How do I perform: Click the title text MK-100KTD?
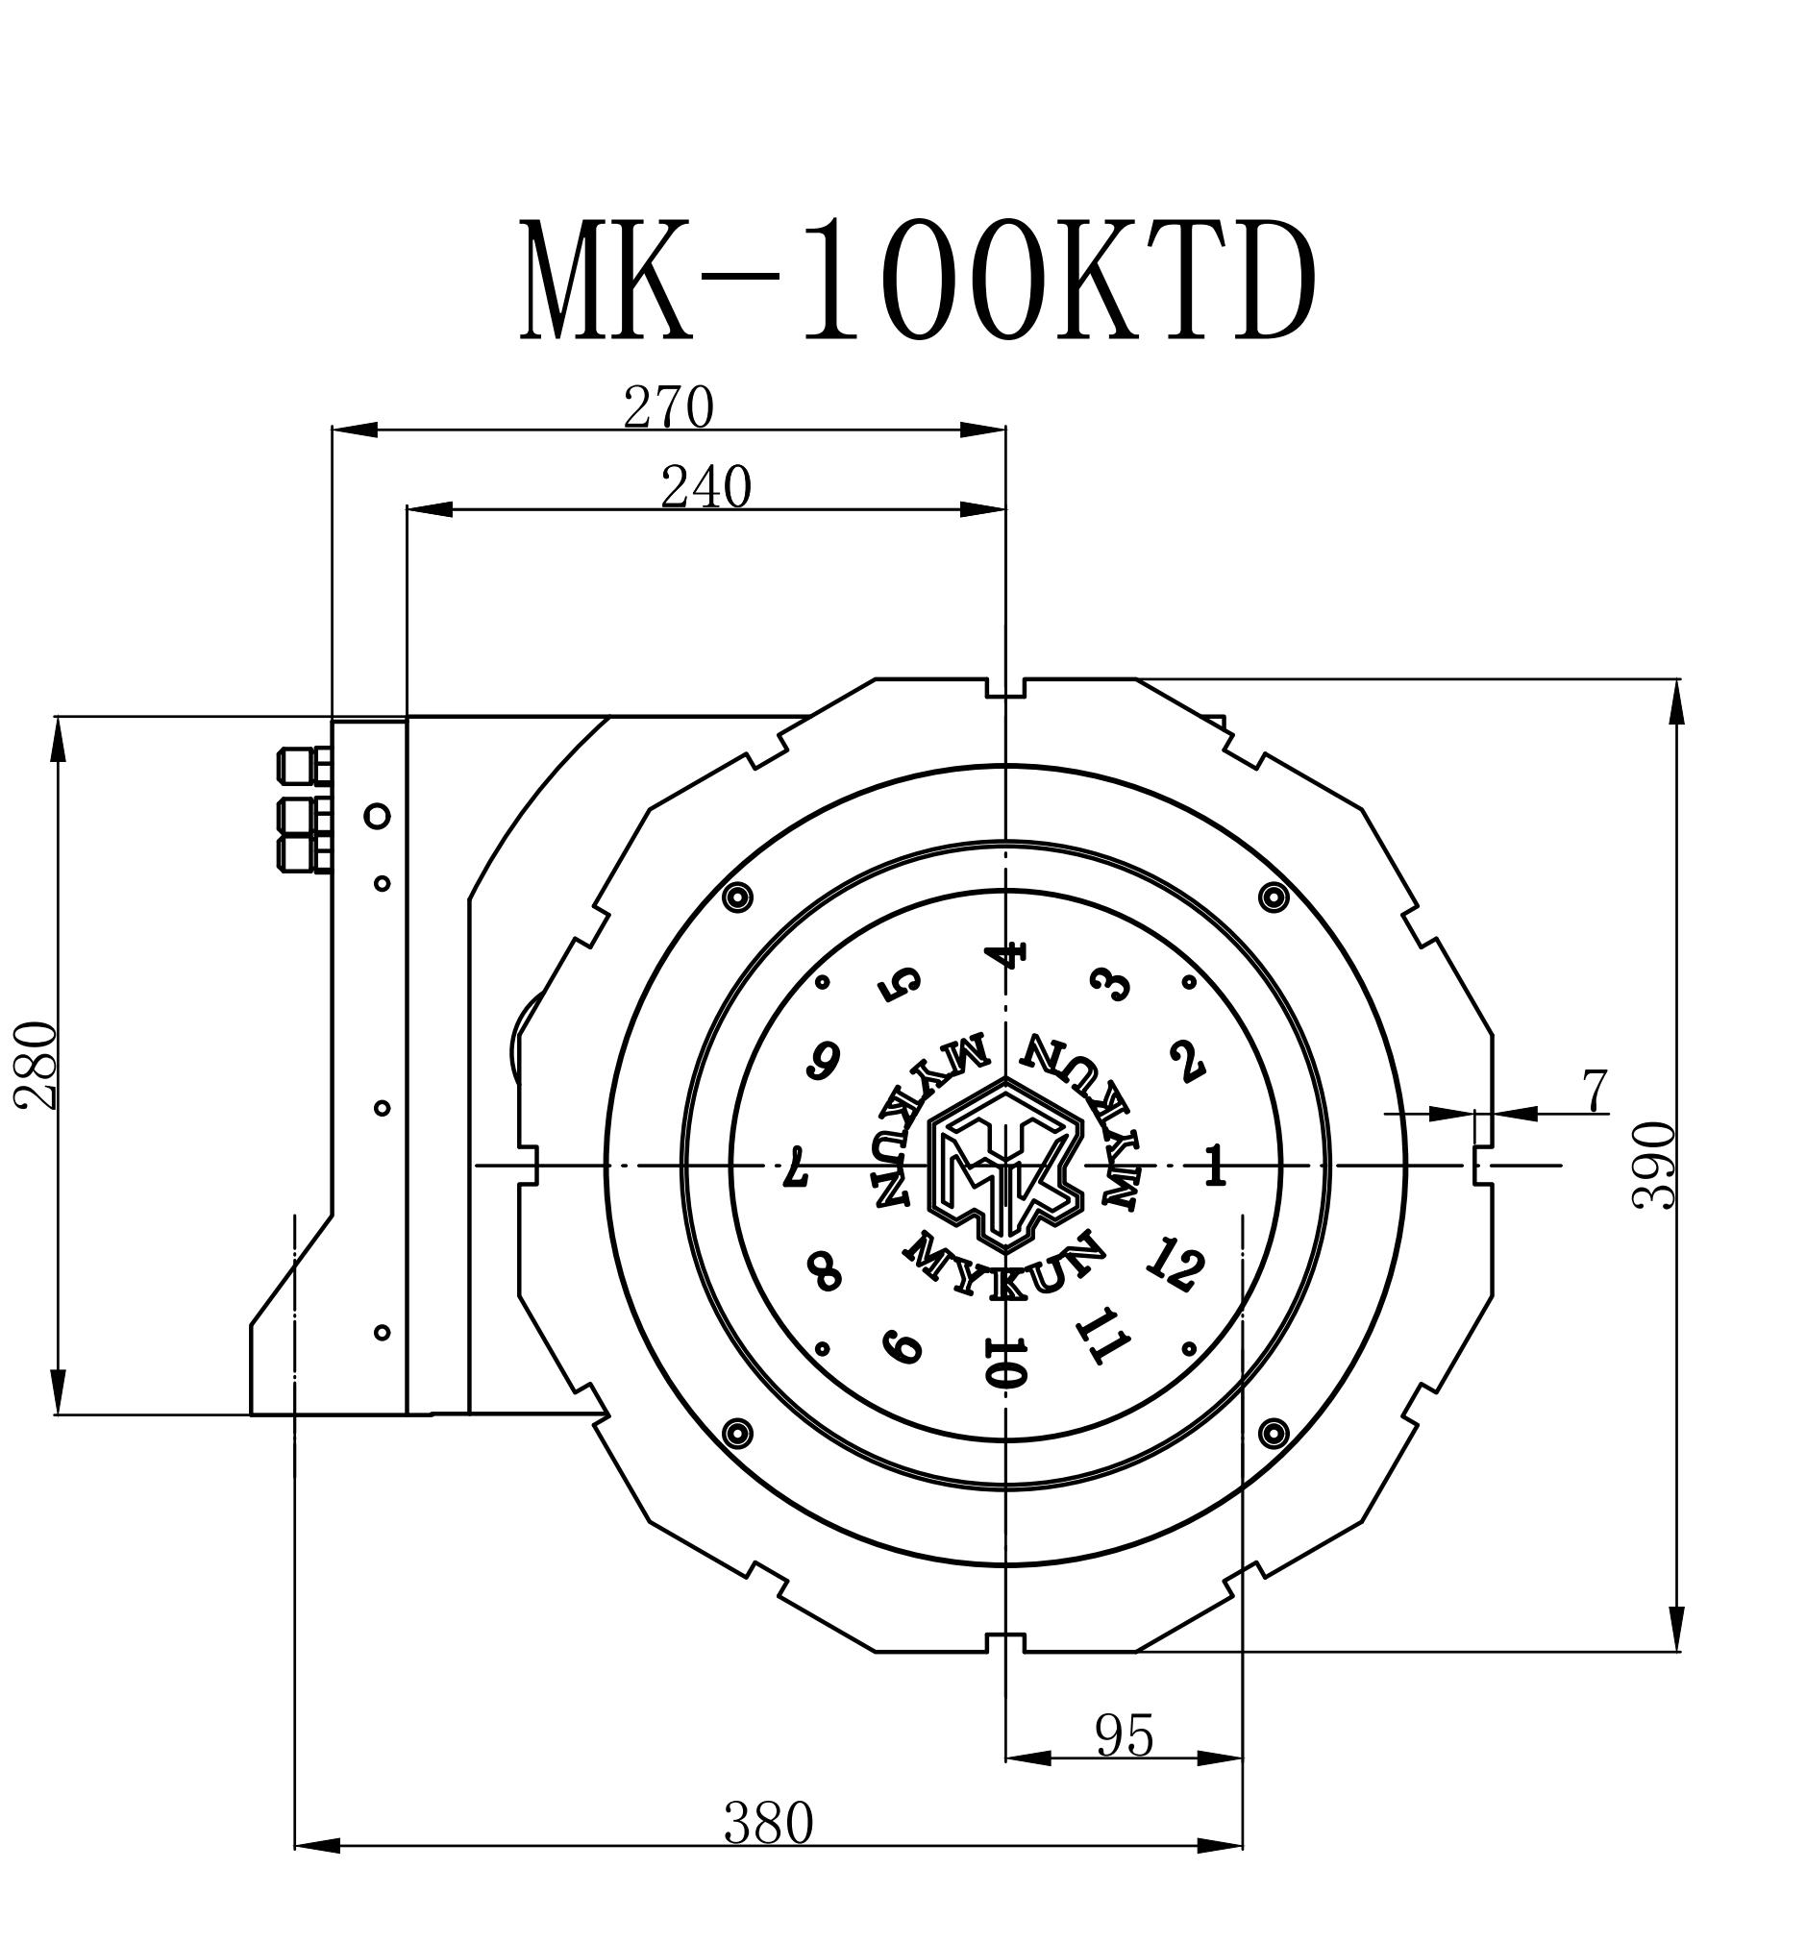click(917, 279)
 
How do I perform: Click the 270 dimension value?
click(669, 408)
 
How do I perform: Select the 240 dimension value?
click(705, 488)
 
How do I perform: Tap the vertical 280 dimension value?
click(37, 1066)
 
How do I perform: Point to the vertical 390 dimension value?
click(1654, 1166)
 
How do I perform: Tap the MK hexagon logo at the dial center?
click(1005, 1165)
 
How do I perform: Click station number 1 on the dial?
click(1215, 1166)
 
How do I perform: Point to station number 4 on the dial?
click(1007, 954)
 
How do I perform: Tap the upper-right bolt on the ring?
click(1273, 896)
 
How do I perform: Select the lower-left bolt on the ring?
click(736, 1433)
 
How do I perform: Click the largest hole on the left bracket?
click(377, 815)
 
